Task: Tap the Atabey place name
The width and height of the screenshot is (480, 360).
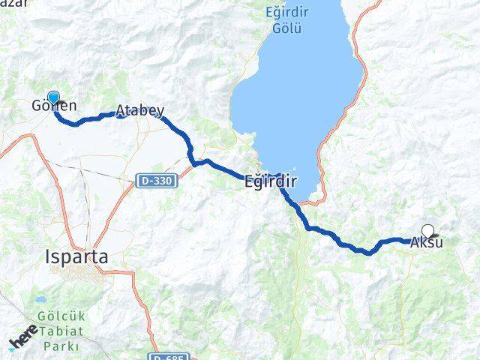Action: coord(139,111)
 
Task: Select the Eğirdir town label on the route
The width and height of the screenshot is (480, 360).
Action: coord(271,181)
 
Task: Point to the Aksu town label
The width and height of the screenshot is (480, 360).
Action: coord(426,242)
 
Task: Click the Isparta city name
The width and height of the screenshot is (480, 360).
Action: coord(75,256)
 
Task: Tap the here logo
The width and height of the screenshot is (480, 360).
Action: coord(22,341)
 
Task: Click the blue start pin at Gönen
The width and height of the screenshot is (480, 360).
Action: coord(53,97)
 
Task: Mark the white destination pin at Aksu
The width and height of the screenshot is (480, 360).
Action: coord(427,231)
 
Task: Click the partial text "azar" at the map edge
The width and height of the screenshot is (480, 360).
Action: coord(15,4)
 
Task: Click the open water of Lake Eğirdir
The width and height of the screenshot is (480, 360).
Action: coord(300,97)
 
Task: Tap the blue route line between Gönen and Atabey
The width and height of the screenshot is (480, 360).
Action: coord(86,120)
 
